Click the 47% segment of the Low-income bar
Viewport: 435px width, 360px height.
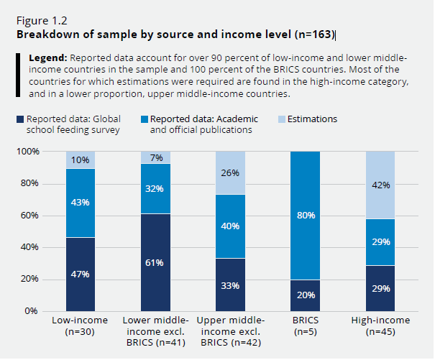coord(81,274)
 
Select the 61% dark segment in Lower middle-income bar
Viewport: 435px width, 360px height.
coord(155,262)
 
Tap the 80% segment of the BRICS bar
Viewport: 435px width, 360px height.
coord(306,216)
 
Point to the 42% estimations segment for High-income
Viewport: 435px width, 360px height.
coord(380,185)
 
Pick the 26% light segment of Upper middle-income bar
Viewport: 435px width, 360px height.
coord(230,173)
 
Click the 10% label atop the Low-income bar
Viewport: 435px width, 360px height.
coord(81,160)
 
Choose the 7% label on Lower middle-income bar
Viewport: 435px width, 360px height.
coord(155,157)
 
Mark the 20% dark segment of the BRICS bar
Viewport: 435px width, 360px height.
coord(306,295)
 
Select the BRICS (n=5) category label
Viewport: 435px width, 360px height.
coord(306,326)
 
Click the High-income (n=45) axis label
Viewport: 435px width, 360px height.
coord(380,326)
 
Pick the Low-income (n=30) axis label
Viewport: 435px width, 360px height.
coord(81,326)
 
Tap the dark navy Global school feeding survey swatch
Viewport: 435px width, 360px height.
coord(19,119)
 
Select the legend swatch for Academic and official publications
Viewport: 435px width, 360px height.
coord(144,119)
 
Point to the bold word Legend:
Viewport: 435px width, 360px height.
coord(47,57)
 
